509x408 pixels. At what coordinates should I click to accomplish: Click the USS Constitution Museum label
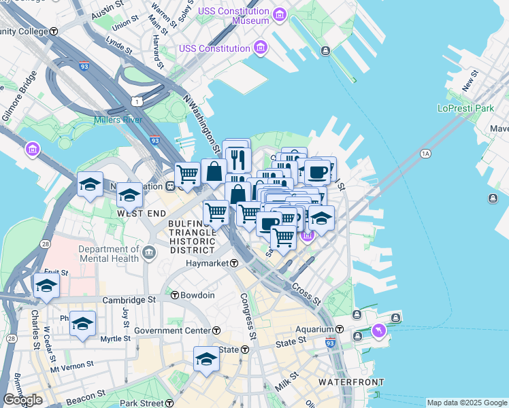(233, 16)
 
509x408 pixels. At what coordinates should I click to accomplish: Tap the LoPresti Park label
(465, 108)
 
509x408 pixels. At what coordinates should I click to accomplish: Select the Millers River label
(120, 120)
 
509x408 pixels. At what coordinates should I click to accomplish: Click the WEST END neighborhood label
(142, 213)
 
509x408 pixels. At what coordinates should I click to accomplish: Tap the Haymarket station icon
(233, 263)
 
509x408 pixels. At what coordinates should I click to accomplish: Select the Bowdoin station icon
(175, 295)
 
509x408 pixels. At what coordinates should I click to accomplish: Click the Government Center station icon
(216, 330)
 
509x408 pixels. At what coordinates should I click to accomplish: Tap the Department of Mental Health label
(109, 253)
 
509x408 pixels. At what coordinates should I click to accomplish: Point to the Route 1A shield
(426, 154)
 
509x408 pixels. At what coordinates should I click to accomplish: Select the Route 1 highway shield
(137, 101)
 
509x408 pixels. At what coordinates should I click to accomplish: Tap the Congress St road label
(247, 316)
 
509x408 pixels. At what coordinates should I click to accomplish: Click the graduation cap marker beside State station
(206, 358)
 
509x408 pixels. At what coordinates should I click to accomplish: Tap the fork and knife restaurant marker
(237, 159)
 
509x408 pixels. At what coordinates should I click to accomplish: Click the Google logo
(23, 400)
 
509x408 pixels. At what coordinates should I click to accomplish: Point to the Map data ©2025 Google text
(467, 403)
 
